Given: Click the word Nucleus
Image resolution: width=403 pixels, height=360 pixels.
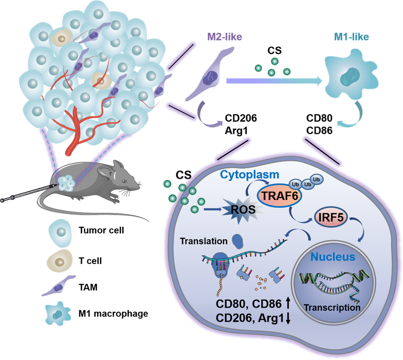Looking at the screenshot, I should point(333,257).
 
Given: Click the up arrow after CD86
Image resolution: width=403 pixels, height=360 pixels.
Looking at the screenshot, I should point(288,304).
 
